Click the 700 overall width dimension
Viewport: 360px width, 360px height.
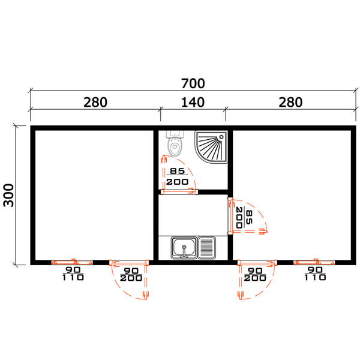tap(193, 83)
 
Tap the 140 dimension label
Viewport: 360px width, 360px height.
tap(193, 103)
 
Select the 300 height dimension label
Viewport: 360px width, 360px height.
tap(9, 195)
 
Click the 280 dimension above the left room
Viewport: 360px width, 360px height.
tap(95, 103)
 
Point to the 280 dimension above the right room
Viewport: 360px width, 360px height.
tap(290, 103)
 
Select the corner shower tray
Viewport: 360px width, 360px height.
tap(211, 147)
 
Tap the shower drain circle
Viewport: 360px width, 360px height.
tap(221, 137)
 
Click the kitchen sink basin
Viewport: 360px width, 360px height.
tap(184, 247)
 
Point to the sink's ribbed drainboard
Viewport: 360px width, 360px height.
tap(206, 248)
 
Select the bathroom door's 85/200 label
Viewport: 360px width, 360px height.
tap(177, 176)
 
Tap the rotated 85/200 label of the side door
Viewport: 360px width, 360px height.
tap(244, 217)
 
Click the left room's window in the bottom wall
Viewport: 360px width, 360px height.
tap(72, 262)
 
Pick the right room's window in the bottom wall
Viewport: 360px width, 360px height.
tap(314, 262)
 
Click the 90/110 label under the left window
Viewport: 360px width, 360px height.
tap(73, 274)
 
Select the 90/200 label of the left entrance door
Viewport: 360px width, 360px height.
tap(131, 275)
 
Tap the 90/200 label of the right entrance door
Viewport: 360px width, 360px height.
tap(255, 275)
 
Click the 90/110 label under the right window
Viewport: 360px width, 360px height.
tap(315, 274)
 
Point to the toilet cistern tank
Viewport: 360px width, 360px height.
tap(175, 134)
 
